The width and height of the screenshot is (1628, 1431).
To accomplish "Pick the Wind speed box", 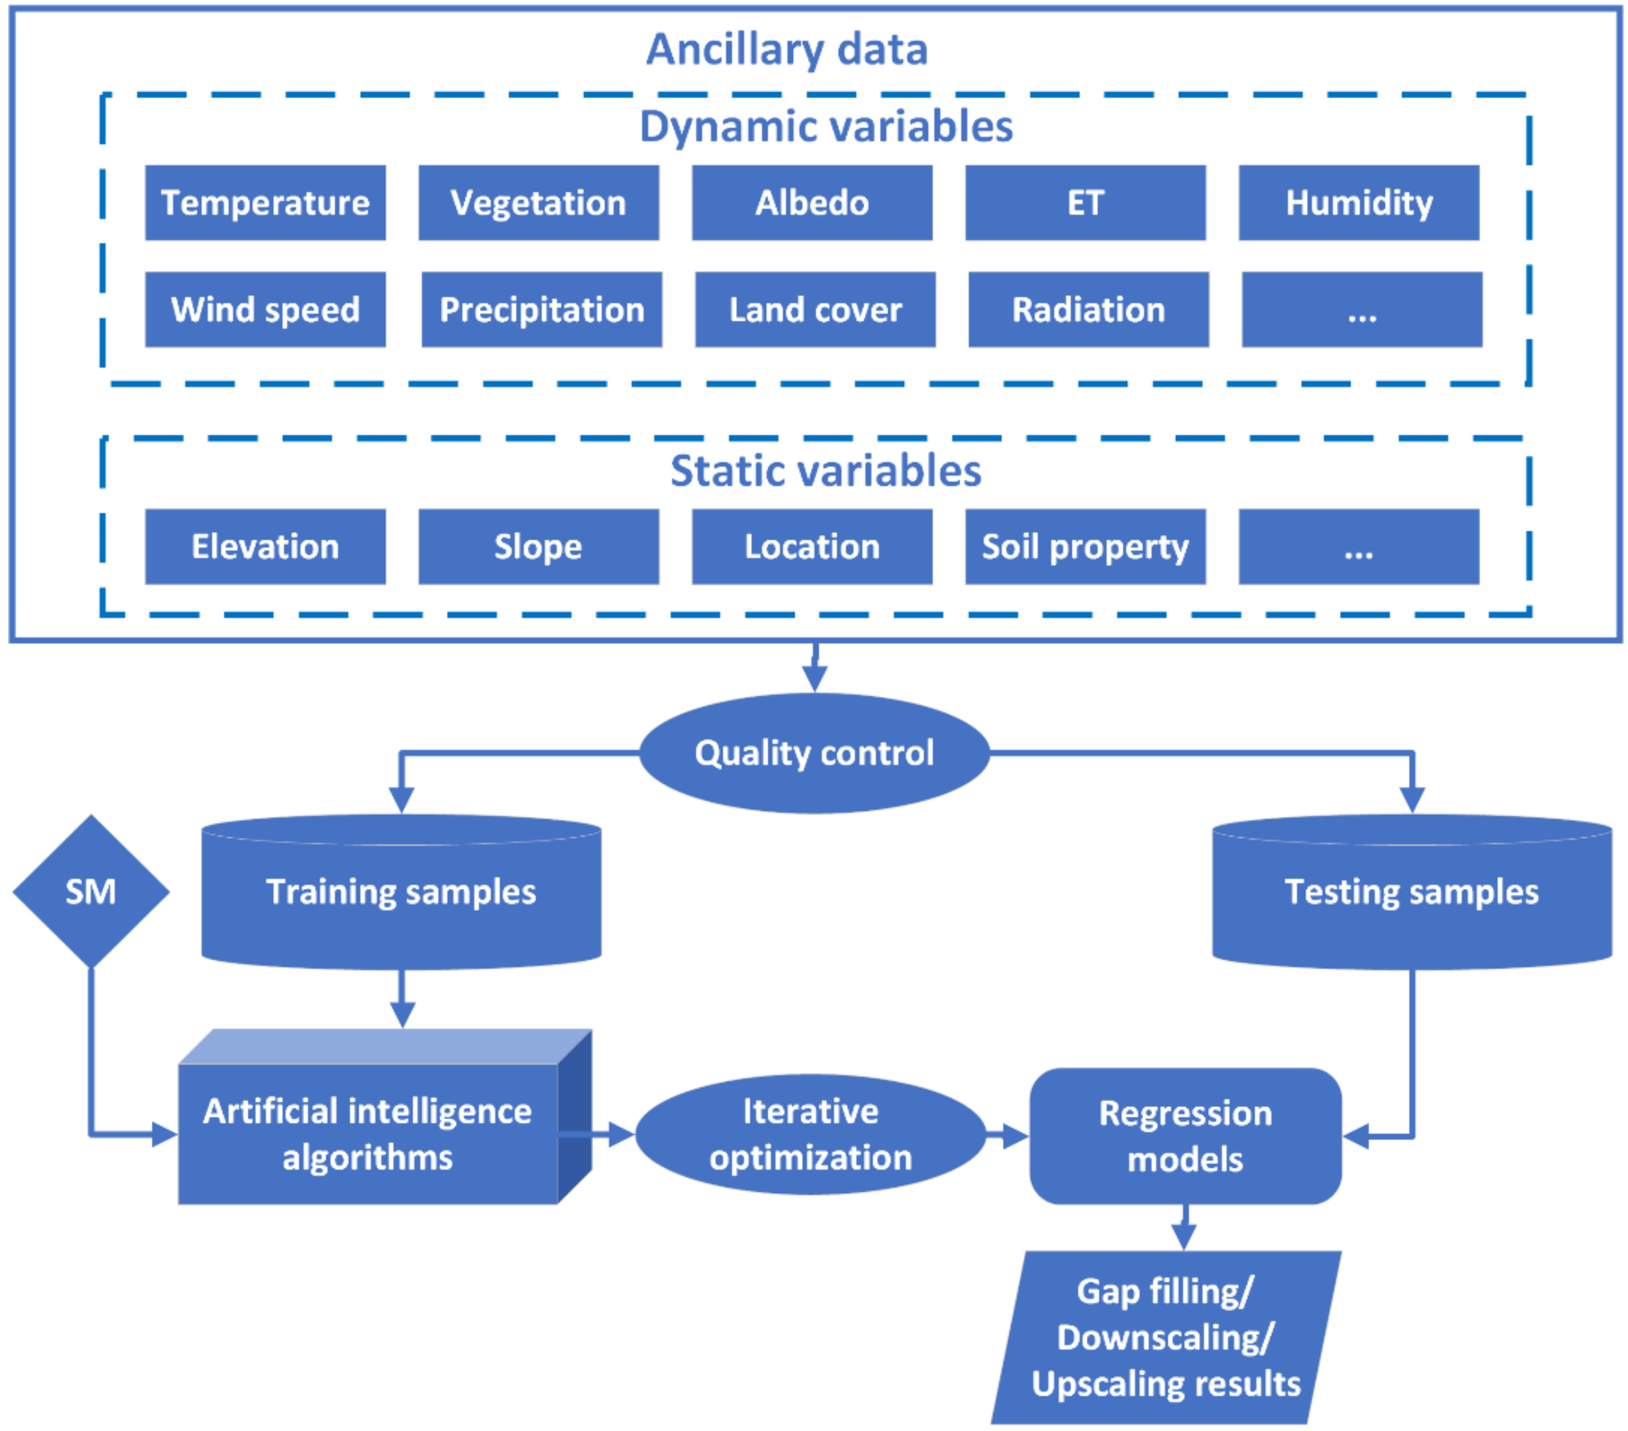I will tap(265, 309).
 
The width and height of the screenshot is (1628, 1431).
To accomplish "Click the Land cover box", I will tap(815, 309).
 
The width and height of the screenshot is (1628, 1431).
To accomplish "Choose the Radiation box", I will tap(1088, 309).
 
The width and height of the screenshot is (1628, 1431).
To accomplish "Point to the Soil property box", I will tap(1085, 547).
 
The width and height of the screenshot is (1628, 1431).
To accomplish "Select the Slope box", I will tap(539, 547).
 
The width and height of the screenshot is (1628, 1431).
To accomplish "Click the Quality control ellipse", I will tap(814, 753).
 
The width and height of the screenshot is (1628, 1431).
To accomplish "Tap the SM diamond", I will tap(91, 891).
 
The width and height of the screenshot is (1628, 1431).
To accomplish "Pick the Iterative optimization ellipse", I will tap(811, 1134).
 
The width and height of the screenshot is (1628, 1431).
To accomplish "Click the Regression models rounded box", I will tap(1185, 1136).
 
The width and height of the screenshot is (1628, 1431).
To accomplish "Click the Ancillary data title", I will tap(787, 49).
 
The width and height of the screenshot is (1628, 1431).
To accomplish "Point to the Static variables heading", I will tap(825, 471).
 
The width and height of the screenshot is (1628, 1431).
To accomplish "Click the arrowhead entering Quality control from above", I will tap(814, 679).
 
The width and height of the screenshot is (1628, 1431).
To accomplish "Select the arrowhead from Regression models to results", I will tap(1184, 1237).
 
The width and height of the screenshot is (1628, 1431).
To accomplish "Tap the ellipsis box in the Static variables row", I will tap(1359, 547).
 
